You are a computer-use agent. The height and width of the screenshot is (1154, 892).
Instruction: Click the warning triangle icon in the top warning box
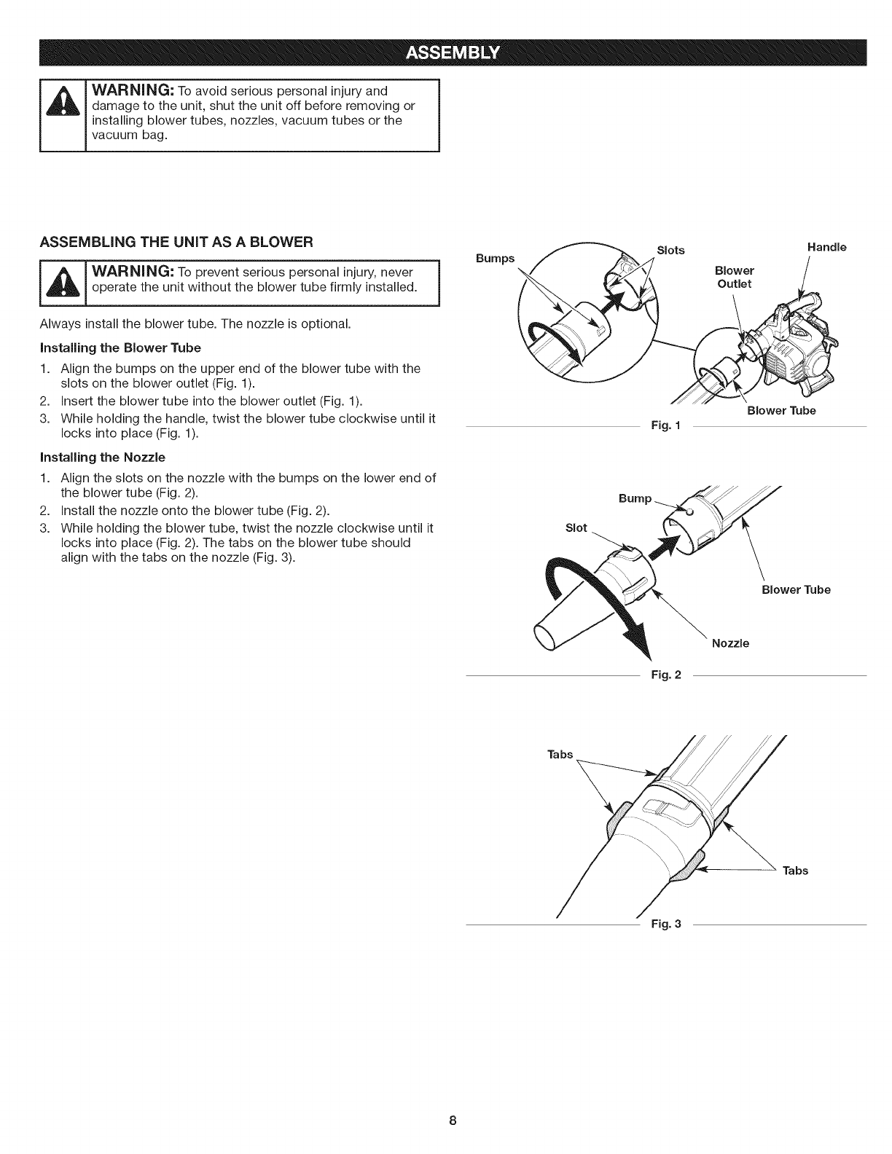(x=63, y=115)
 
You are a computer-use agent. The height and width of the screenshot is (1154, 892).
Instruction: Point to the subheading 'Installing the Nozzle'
(x=103, y=457)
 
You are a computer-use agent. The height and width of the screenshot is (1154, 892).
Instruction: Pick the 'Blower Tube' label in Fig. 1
(x=781, y=410)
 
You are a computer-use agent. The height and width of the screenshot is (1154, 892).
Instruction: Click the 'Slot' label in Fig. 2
(x=576, y=527)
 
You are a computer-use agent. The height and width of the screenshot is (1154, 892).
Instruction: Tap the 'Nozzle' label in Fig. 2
(x=730, y=643)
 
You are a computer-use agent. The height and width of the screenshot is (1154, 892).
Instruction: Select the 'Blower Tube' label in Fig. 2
(x=796, y=589)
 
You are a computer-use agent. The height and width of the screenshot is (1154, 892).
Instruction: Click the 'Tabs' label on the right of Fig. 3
(x=795, y=871)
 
